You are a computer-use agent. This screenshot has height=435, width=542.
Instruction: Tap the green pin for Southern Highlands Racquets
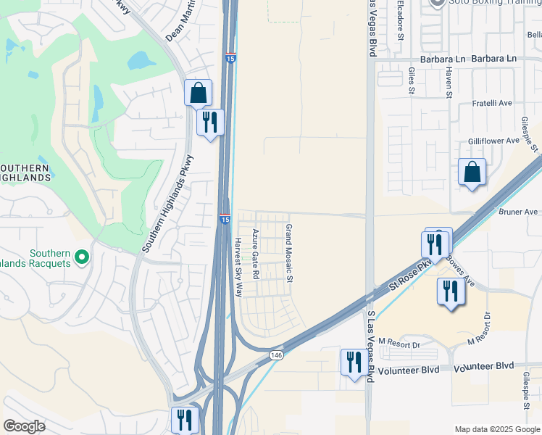click(x=82, y=257)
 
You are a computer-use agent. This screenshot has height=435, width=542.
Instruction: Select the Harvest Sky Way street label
click(x=238, y=267)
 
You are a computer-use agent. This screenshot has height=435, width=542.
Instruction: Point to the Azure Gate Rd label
click(x=255, y=254)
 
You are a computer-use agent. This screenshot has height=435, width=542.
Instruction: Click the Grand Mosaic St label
click(x=288, y=253)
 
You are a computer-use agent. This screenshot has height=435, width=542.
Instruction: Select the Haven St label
click(x=449, y=80)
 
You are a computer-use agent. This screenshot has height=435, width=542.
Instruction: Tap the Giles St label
click(x=411, y=80)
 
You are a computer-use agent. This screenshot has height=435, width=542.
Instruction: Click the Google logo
click(x=24, y=426)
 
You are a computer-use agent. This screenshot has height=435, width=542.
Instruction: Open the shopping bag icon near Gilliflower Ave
click(x=472, y=173)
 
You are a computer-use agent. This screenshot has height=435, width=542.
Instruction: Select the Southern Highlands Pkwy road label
click(x=167, y=203)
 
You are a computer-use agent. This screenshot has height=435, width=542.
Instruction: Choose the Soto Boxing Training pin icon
click(x=436, y=3)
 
